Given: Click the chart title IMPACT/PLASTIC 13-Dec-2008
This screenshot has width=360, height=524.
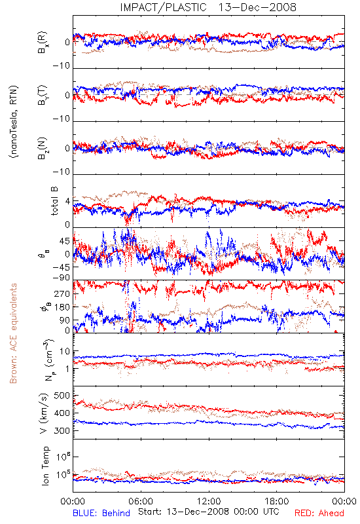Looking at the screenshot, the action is pyautogui.click(x=208, y=7).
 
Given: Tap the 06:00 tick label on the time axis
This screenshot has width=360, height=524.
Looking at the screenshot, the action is pyautogui.click(x=141, y=501).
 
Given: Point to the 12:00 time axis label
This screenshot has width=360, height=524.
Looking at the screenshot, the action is pyautogui.click(x=209, y=501).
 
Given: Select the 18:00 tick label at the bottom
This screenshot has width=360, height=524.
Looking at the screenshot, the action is pyautogui.click(x=277, y=501).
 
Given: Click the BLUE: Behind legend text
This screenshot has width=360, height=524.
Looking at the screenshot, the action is pyautogui.click(x=101, y=513).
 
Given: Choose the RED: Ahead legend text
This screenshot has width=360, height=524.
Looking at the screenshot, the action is pyautogui.click(x=319, y=513).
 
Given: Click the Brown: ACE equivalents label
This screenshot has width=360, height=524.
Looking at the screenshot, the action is pyautogui.click(x=13, y=333).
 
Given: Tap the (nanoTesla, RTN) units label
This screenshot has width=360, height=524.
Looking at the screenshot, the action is pyautogui.click(x=14, y=121).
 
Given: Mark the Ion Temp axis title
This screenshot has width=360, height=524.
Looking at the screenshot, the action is pyautogui.click(x=45, y=466).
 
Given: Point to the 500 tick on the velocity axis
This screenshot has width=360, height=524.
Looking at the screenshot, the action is pyautogui.click(x=62, y=396).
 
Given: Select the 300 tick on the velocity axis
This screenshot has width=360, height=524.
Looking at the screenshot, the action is pyautogui.click(x=62, y=431).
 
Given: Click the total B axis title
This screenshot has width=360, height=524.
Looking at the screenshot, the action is pyautogui.click(x=54, y=201).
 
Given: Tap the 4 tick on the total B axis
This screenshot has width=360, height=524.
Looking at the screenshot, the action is pyautogui.click(x=67, y=202).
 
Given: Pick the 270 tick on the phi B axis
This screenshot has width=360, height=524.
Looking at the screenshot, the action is pyautogui.click(x=62, y=293).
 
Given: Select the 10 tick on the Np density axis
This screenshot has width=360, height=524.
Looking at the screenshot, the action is pyautogui.click(x=64, y=352).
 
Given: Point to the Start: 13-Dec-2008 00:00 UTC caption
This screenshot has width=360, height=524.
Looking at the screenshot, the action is pyautogui.click(x=208, y=512).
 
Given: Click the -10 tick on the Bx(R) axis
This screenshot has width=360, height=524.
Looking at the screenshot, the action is pyautogui.click(x=61, y=66).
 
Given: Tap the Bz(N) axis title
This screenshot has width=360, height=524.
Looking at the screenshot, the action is pyautogui.click(x=43, y=148).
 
